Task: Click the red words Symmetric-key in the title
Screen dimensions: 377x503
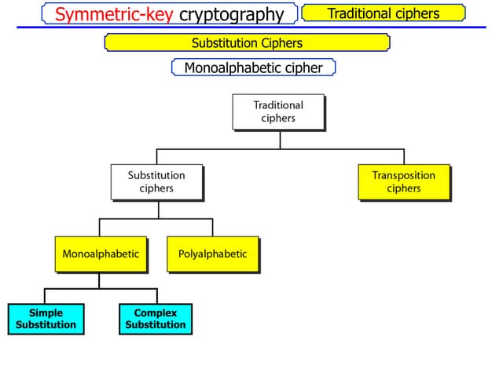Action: coord(115,14)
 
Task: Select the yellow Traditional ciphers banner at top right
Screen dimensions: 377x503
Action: coord(384,13)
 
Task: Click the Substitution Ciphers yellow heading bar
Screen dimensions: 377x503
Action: coord(247,42)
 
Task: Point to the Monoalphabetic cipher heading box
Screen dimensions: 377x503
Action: coord(253,68)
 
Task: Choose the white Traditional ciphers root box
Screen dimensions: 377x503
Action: coord(278,112)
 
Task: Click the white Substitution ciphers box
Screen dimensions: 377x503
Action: coord(156,182)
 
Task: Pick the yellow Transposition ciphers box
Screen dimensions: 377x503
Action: coord(403,182)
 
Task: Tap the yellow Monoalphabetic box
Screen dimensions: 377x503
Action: coord(101,254)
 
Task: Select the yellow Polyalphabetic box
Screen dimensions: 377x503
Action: coord(212,254)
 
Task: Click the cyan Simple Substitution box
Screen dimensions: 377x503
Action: coord(46,319)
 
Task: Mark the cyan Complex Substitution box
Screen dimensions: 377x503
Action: coord(156,319)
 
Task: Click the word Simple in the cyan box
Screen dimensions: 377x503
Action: coord(46,313)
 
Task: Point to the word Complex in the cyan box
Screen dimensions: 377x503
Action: coord(156,313)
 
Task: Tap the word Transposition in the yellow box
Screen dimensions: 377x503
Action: coord(403,176)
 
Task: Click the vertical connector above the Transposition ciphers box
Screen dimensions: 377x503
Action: coord(404,156)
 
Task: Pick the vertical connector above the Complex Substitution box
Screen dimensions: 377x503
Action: coord(155,296)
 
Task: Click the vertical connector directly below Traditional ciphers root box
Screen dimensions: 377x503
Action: coord(281,138)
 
